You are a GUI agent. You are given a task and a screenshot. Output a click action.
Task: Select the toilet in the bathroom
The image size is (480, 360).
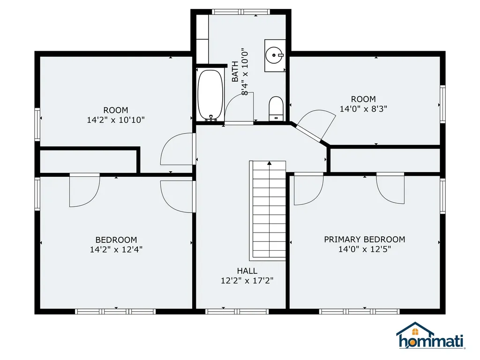click(275, 108)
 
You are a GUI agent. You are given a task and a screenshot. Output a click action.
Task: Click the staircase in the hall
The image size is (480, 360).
click(269, 211)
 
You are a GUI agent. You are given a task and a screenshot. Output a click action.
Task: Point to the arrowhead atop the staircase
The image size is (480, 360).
click(270, 163)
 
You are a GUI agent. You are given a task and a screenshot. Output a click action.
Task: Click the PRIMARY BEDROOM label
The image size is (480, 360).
click(364, 240)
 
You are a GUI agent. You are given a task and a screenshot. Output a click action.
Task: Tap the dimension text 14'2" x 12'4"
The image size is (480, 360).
click(116, 250)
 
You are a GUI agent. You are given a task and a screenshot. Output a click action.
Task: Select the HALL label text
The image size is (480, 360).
click(247, 271)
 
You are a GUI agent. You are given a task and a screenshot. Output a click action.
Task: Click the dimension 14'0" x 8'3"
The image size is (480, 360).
click(363, 109)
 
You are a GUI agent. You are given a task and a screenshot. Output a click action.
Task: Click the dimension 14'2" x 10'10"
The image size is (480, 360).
click(115, 120)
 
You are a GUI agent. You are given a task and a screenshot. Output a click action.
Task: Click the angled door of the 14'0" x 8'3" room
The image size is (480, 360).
click(310, 132)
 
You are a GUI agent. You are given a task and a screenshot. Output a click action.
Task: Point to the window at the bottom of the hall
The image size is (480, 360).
click(237, 311)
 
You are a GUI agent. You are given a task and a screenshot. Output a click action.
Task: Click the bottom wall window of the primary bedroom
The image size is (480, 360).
click(359, 311)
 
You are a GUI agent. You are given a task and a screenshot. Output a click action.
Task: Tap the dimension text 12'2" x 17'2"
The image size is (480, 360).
click(247, 281)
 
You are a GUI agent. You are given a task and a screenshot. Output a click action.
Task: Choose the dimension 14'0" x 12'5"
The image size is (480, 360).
click(364, 250)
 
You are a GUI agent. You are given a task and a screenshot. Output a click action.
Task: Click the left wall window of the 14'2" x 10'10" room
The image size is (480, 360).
click(37, 124)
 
